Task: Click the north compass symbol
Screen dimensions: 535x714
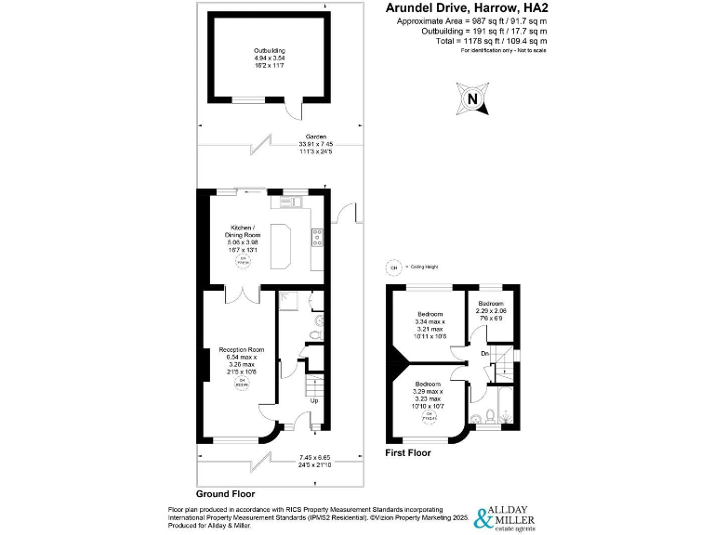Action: click(x=473, y=98)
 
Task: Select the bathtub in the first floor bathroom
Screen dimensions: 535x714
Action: click(x=504, y=406)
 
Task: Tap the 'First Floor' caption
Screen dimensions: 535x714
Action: click(x=408, y=453)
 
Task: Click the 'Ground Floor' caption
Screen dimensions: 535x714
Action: click(x=225, y=494)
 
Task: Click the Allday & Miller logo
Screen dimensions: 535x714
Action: click(x=509, y=516)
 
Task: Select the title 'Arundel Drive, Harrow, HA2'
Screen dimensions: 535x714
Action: click(x=466, y=8)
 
